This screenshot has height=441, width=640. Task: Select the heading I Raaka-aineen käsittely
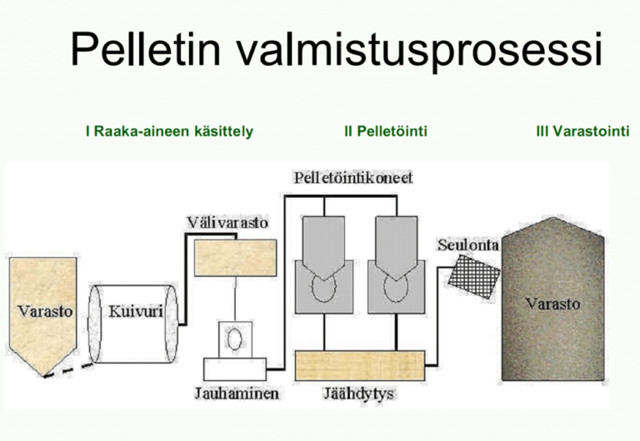(x=169, y=131)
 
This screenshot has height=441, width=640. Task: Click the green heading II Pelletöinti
(x=386, y=131)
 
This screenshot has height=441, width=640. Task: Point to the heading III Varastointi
(x=582, y=131)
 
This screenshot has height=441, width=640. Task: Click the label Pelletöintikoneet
(x=353, y=178)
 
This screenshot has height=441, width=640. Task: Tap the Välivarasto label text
(x=227, y=222)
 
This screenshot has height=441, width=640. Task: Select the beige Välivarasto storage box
(x=236, y=258)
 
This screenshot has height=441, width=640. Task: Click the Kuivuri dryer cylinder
(x=133, y=324)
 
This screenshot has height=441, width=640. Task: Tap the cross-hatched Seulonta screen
(x=474, y=276)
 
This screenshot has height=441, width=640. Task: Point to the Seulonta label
(x=468, y=245)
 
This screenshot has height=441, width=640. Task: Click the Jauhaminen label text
(x=237, y=394)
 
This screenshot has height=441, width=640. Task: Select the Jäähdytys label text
(x=359, y=394)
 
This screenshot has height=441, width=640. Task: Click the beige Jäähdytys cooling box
(x=360, y=365)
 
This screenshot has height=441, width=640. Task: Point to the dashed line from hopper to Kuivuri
(x=68, y=370)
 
